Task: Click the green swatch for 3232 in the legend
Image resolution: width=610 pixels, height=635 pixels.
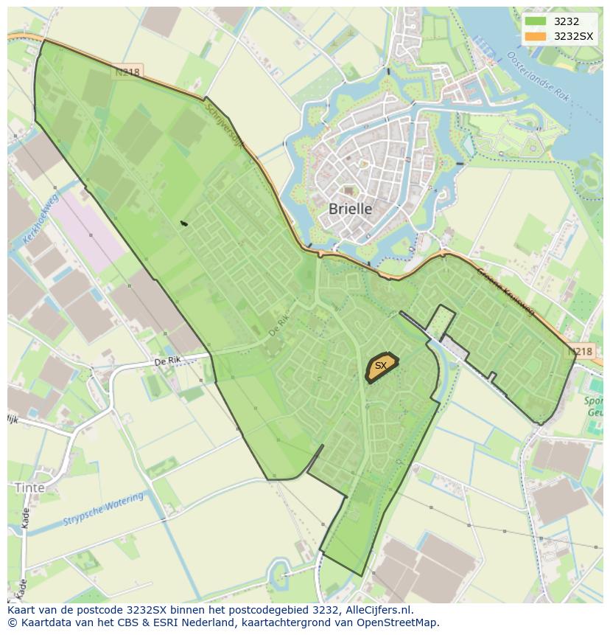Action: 535,21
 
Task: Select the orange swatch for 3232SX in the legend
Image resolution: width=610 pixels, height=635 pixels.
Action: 535,36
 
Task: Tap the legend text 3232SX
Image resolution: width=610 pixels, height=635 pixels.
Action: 573,36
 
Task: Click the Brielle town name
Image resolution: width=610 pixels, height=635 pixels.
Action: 350,209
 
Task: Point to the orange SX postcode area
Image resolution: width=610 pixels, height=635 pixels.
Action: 382,367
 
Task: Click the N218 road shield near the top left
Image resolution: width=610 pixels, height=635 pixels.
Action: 127,73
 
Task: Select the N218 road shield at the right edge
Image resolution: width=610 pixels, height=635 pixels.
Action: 581,353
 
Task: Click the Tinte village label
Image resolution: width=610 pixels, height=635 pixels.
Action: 29,488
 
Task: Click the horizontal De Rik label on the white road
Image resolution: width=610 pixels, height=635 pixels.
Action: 168,361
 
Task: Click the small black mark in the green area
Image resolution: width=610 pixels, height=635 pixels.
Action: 183,223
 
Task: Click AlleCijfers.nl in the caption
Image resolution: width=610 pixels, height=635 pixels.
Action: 377,610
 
